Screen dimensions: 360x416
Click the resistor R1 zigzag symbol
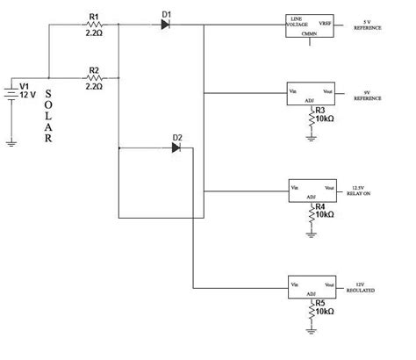point(95,25)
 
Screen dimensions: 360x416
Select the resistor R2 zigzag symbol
point(95,76)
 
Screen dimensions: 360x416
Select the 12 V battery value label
point(28,94)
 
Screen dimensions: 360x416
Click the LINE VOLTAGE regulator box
point(310,25)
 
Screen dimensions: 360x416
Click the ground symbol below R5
point(311,329)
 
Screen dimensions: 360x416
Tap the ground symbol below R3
point(311,137)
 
